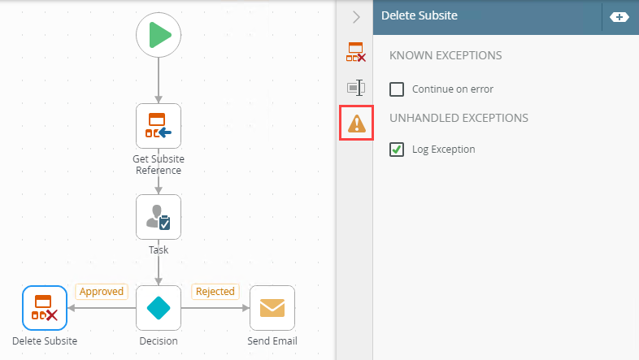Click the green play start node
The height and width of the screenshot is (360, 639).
(159, 35)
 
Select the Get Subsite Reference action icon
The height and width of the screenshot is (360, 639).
(159, 126)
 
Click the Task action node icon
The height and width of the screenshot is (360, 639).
(159, 217)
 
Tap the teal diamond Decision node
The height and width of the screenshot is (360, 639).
(159, 308)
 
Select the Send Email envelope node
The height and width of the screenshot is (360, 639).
(272, 308)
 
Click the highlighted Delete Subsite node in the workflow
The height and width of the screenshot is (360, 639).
(45, 308)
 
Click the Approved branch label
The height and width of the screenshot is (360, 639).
(102, 292)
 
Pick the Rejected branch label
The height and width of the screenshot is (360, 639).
(215, 292)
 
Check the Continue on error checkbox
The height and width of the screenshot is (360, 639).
(397, 89)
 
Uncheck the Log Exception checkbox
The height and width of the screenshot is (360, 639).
(397, 150)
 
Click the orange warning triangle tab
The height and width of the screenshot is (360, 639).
(357, 124)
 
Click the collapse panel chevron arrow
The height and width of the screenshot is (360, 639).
(357, 17)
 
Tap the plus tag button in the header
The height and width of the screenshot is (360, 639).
(619, 17)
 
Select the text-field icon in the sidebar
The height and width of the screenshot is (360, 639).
(356, 88)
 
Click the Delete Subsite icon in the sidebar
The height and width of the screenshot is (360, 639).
(356, 52)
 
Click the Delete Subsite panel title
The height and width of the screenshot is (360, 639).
(419, 15)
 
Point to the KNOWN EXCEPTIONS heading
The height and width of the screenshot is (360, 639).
(446, 55)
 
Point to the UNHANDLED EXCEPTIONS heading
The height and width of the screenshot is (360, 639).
(459, 118)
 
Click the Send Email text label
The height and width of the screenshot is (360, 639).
(272, 340)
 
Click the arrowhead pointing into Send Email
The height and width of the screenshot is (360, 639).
(246, 308)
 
